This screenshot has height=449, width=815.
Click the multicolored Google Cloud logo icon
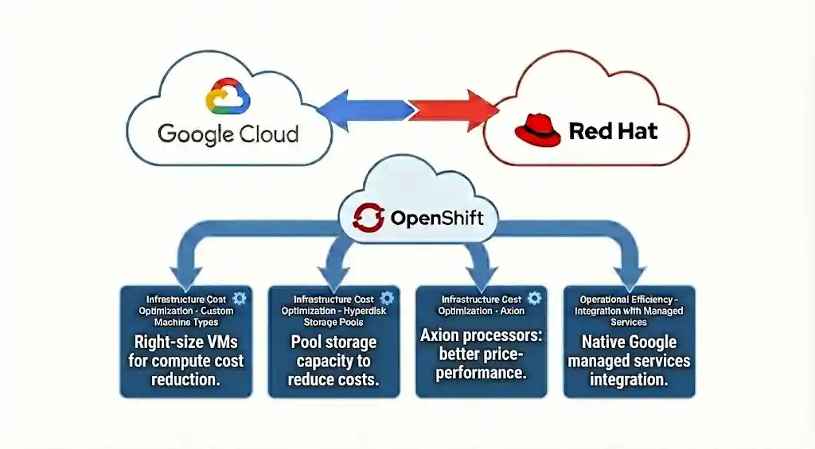[x=228, y=98]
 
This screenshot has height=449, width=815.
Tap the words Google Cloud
[x=228, y=133]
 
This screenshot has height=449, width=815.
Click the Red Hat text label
[x=613, y=131]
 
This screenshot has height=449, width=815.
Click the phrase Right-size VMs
[x=185, y=343]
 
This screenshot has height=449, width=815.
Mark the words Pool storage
[x=333, y=343]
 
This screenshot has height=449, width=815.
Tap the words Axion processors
[x=481, y=335]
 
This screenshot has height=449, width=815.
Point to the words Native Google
[x=629, y=343]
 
